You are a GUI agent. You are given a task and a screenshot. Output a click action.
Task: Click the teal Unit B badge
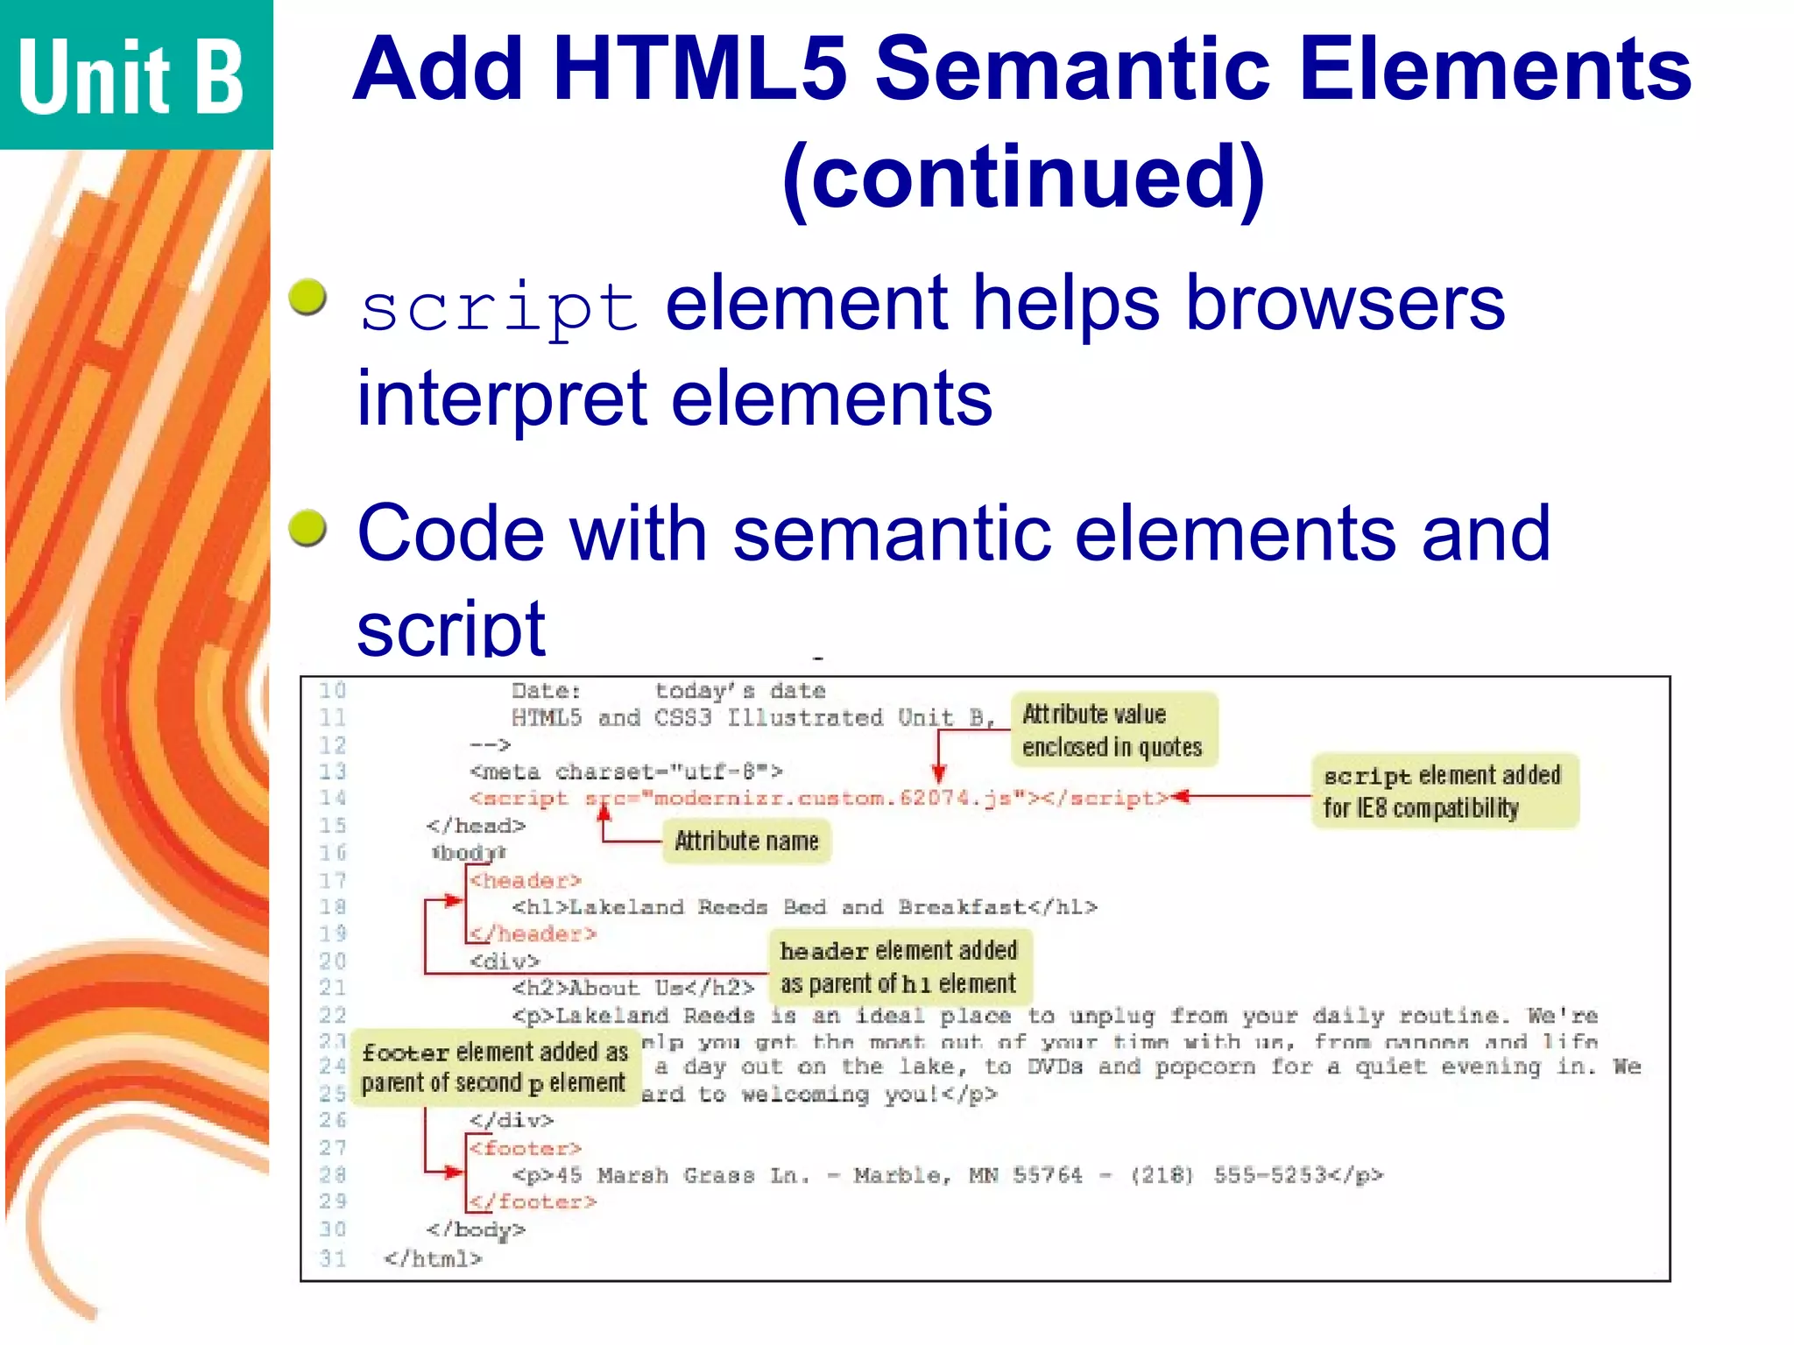click(x=136, y=74)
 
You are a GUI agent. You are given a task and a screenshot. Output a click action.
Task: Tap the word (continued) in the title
click(x=1023, y=177)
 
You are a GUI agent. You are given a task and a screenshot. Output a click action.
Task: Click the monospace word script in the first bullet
click(x=499, y=308)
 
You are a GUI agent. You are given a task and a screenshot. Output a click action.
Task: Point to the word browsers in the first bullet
click(x=1345, y=303)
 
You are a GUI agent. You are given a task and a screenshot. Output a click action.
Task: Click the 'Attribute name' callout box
click(x=746, y=842)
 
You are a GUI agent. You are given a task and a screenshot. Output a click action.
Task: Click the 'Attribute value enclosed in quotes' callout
click(x=1112, y=730)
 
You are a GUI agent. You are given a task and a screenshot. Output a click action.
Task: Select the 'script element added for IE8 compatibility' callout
click(x=1444, y=792)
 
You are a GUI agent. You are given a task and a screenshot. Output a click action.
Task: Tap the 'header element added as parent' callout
click(x=900, y=967)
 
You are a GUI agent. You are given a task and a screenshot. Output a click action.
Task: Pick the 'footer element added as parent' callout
click(x=496, y=1067)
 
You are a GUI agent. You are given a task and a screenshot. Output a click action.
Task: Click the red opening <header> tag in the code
click(x=525, y=880)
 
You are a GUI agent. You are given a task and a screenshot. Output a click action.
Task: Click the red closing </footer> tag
click(x=533, y=1201)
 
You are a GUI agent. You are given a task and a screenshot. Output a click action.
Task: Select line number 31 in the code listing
click(x=333, y=1258)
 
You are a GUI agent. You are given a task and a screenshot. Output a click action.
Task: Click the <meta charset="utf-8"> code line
click(x=625, y=771)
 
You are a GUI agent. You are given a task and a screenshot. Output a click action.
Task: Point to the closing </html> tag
click(x=433, y=1258)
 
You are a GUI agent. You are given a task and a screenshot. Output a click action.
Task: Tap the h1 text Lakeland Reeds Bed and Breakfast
click(x=797, y=907)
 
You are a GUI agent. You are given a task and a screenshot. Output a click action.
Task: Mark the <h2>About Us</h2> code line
click(x=632, y=988)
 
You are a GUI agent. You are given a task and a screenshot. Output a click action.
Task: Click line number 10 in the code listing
click(x=333, y=691)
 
